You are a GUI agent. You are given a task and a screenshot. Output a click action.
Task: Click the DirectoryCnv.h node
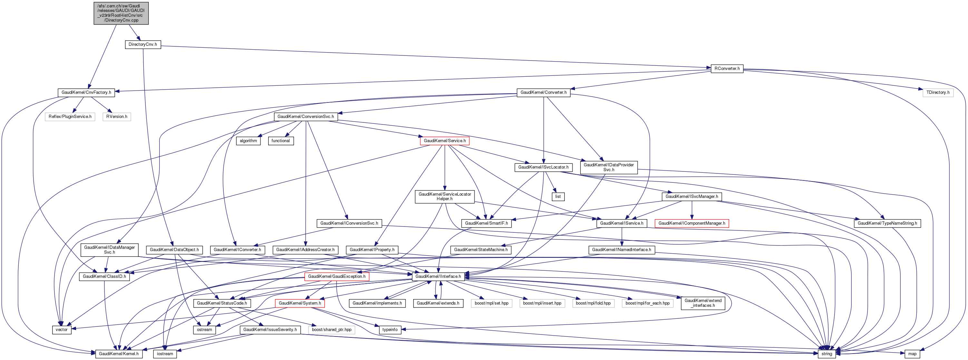pyautogui.click(x=142, y=44)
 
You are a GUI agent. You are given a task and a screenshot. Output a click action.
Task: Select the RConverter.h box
pyautogui.click(x=727, y=68)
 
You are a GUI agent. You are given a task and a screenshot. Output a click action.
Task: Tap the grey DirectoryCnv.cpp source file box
pyautogui.click(x=121, y=13)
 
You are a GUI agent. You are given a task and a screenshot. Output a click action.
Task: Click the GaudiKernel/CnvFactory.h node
pyautogui.click(x=86, y=92)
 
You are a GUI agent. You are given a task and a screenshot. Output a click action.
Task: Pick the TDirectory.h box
pyautogui.click(x=938, y=92)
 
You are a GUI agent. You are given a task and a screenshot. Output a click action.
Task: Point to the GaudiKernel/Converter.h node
pyautogui.click(x=543, y=92)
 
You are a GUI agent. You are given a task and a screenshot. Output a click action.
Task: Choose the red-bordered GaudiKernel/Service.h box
pyautogui.click(x=445, y=141)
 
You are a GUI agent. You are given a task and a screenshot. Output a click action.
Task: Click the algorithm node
pyautogui.click(x=249, y=141)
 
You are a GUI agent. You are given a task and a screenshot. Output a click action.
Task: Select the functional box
pyautogui.click(x=280, y=141)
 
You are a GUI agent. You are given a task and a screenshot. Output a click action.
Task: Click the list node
pyautogui.click(x=558, y=197)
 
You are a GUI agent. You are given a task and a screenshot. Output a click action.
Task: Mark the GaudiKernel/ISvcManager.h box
pyautogui.click(x=691, y=197)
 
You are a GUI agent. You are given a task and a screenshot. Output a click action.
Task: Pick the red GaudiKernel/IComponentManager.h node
pyautogui.click(x=691, y=223)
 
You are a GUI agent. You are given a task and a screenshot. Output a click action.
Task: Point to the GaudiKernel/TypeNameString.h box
pyautogui.click(x=887, y=223)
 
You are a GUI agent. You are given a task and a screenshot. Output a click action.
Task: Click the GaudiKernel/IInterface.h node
pyautogui.click(x=438, y=277)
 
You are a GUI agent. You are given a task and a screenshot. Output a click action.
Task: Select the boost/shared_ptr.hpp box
pyautogui.click(x=331, y=330)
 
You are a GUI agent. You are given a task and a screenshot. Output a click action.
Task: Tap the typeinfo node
pyautogui.click(x=390, y=330)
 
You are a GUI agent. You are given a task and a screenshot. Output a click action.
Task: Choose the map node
pyautogui.click(x=912, y=354)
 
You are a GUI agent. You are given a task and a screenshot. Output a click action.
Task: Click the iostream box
pyautogui.click(x=165, y=354)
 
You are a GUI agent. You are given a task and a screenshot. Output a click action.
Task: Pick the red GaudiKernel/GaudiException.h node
pyautogui.click(x=336, y=277)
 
